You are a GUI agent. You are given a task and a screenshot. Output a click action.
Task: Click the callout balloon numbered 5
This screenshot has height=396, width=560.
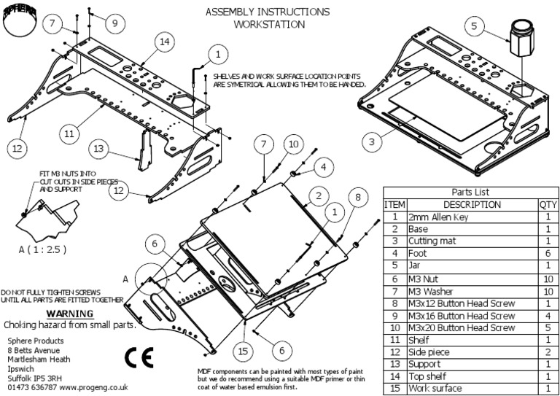coord(474,27)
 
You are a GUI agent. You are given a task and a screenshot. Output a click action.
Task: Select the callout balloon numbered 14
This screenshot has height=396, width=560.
coord(164,43)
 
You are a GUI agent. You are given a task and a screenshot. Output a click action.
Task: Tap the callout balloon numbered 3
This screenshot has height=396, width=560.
coord(372,141)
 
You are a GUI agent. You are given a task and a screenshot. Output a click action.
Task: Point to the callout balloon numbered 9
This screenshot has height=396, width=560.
coord(114,23)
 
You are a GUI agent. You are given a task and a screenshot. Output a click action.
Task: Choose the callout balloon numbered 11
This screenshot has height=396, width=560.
coord(68,134)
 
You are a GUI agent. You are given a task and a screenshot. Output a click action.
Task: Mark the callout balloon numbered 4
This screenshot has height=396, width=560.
coord(321,168)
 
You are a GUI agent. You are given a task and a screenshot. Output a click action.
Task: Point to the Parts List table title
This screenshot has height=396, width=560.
coord(471,192)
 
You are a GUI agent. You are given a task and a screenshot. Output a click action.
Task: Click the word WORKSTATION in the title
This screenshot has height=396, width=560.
coord(267,24)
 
